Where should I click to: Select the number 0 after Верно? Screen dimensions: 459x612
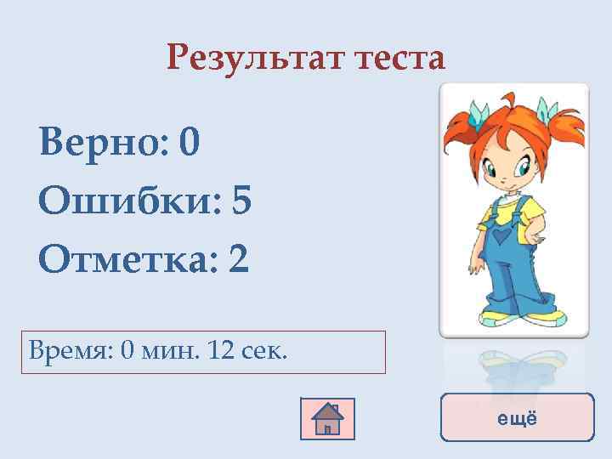tap(190, 144)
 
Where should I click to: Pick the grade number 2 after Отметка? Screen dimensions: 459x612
tap(239, 258)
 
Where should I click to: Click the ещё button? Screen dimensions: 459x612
tap(517, 417)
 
